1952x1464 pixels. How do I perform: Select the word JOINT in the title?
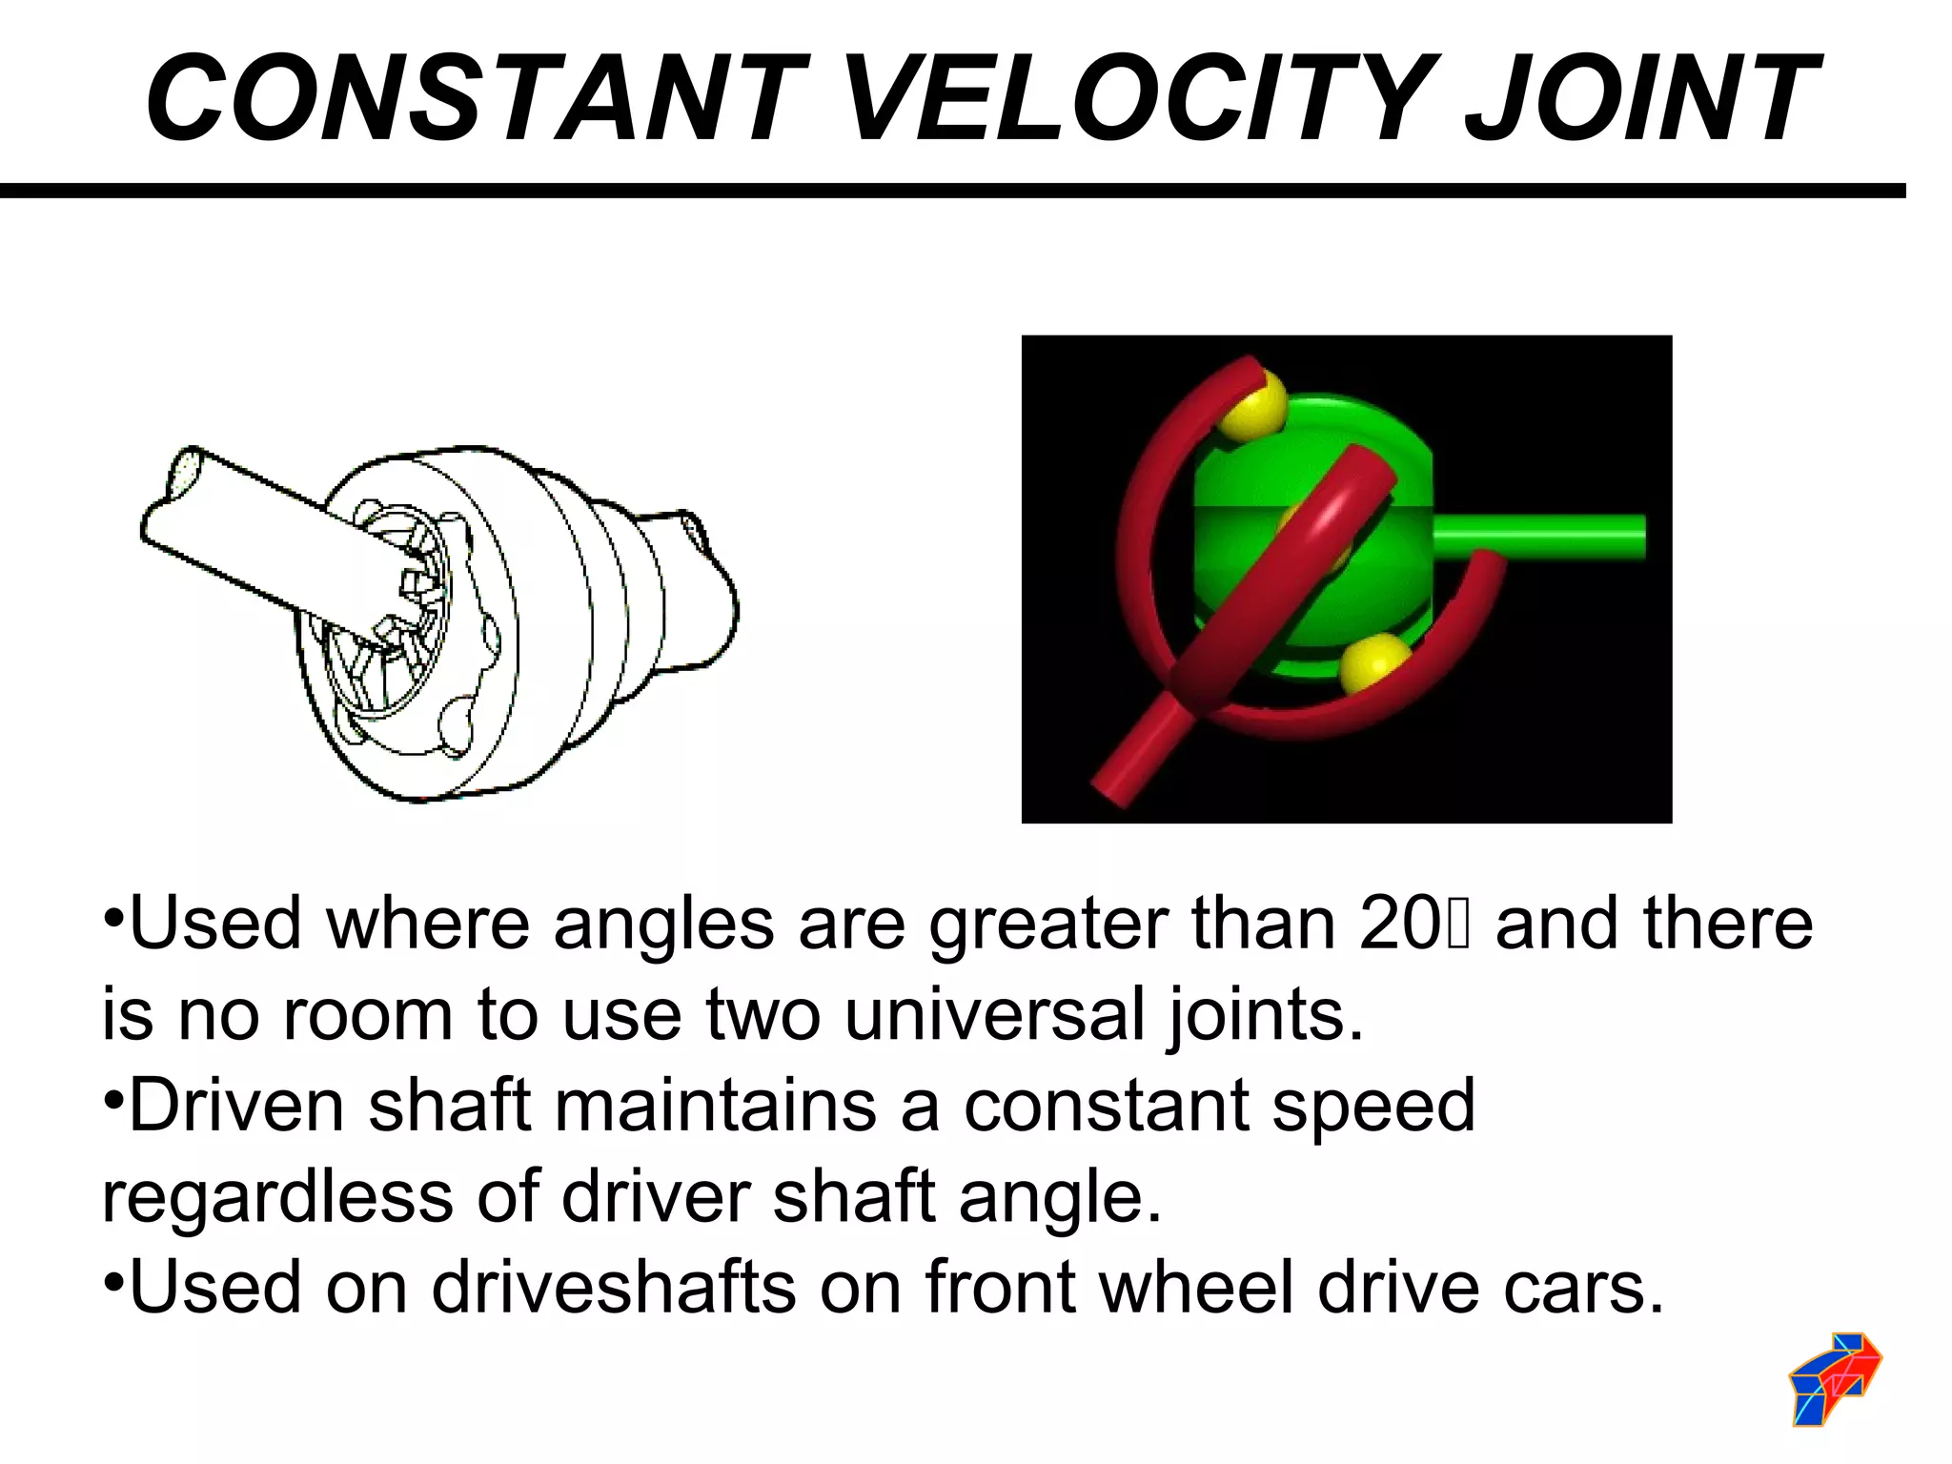(1639, 98)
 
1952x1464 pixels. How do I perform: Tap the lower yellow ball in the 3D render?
(1374, 663)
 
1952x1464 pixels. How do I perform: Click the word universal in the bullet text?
(994, 1014)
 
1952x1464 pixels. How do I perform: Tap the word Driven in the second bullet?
(235, 1105)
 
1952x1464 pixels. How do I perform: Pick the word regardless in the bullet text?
(277, 1196)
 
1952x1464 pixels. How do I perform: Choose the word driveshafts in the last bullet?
(613, 1287)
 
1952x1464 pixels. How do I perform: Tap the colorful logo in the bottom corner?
(1835, 1378)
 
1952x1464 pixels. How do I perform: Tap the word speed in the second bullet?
(1373, 1105)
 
